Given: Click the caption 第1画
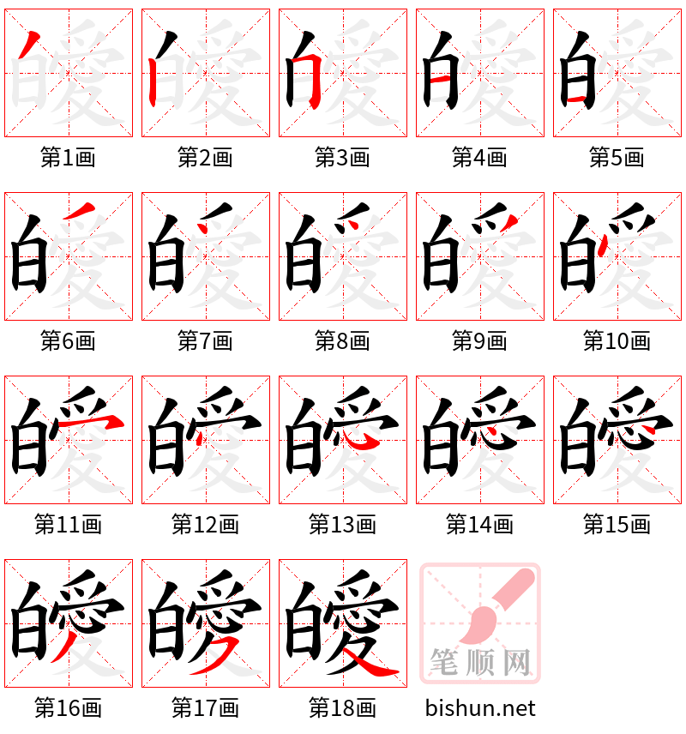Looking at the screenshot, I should click(68, 158).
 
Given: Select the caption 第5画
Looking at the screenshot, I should click(617, 158).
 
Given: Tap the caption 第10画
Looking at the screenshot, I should click(617, 341).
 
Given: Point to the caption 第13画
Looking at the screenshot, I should click(342, 525).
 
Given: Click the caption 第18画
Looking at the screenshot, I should click(342, 708).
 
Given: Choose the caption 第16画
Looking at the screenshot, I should click(68, 708).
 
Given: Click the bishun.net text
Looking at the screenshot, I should click(480, 708).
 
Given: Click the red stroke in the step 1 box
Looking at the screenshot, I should click(28, 41).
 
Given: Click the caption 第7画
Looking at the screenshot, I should click(205, 341).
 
